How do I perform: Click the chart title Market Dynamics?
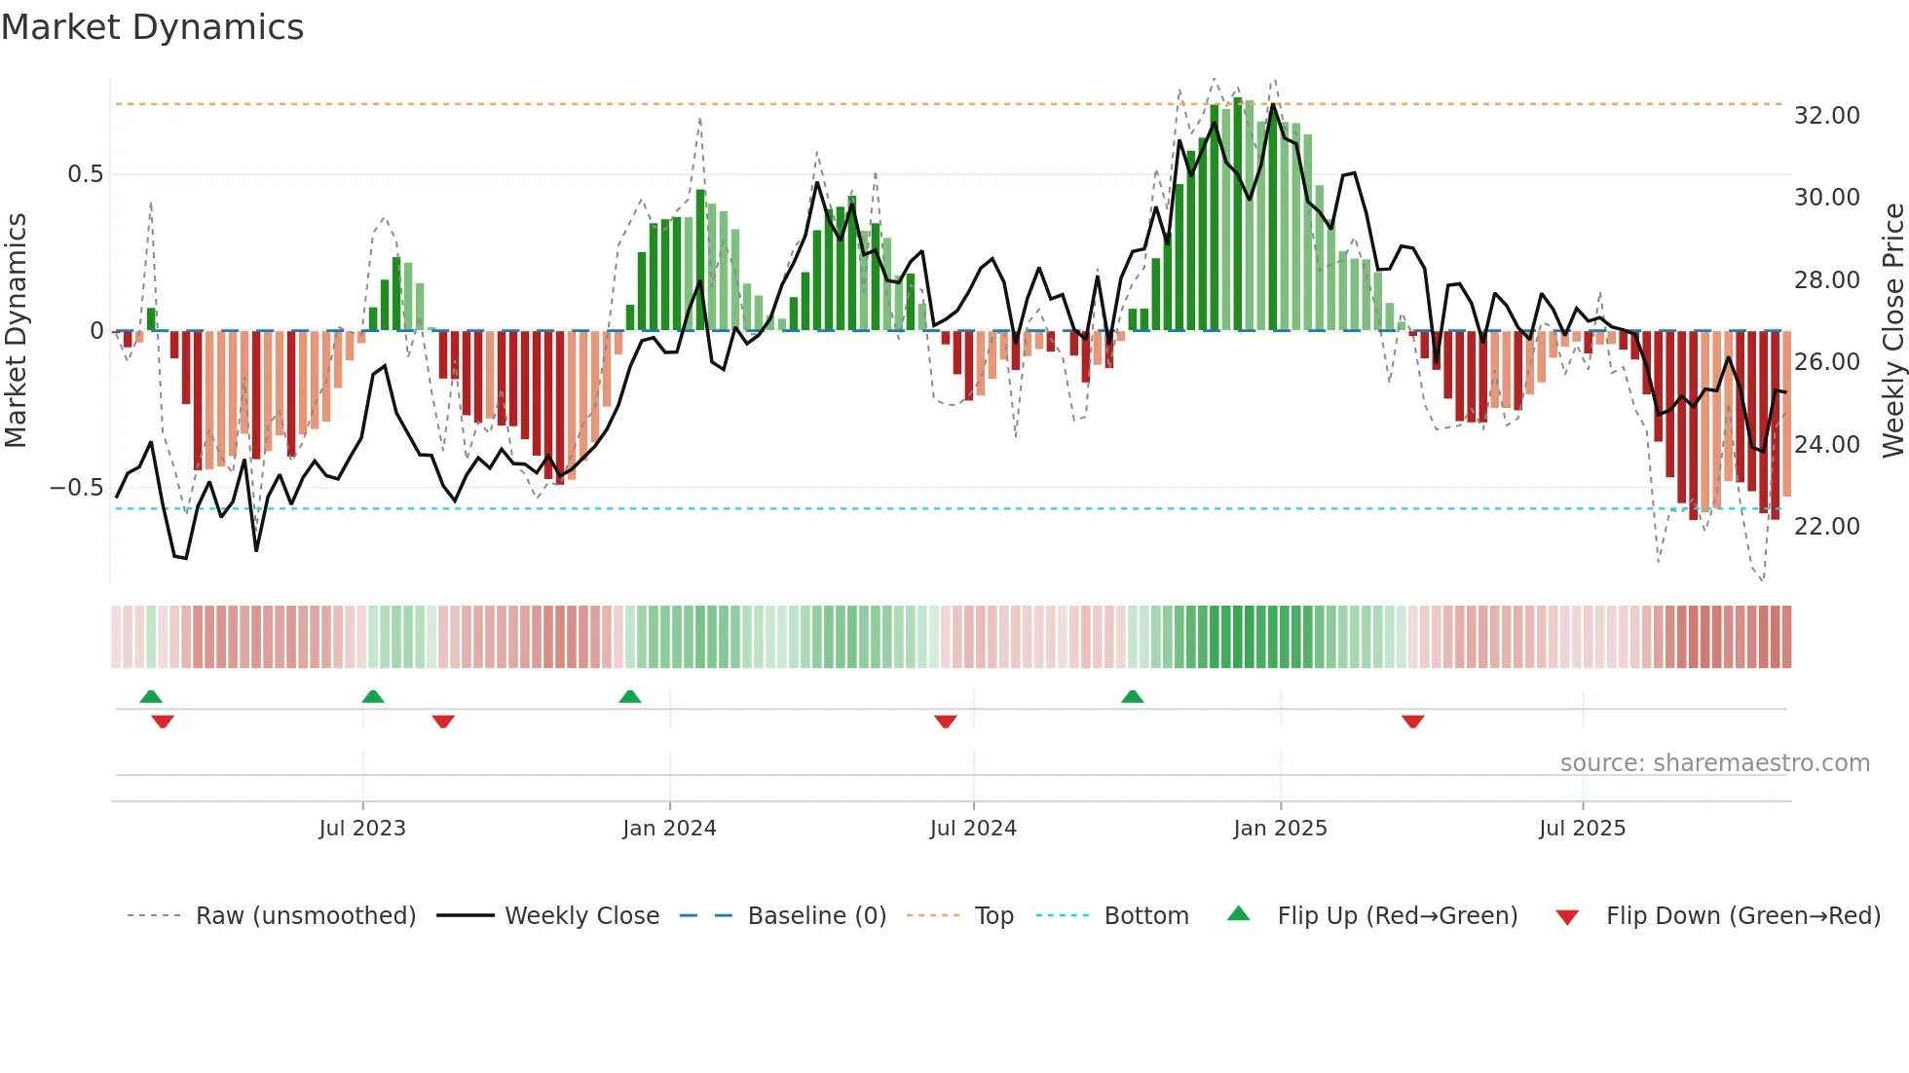[152, 27]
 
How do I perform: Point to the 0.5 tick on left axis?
[85, 174]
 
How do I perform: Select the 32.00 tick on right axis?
[1826, 116]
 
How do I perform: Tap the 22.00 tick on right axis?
[1826, 527]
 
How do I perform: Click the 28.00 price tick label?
[1826, 280]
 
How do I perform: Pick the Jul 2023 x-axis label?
[362, 829]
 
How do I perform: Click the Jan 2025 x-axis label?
[1280, 829]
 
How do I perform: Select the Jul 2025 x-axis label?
[1582, 829]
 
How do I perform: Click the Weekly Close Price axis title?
[1892, 330]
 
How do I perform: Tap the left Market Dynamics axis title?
[16, 330]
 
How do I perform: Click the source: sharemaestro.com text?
[1714, 763]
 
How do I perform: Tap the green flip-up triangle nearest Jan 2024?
[630, 697]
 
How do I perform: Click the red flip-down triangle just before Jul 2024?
[945, 721]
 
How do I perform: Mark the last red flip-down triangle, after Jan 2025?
[1412, 721]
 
